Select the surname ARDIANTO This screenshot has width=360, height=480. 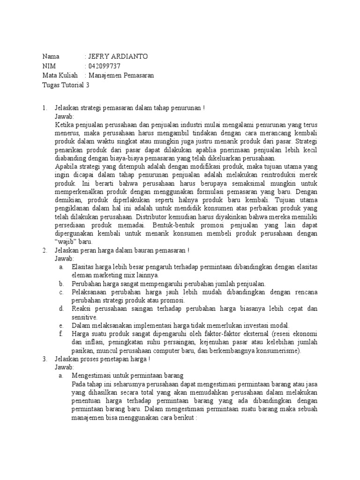click(131, 57)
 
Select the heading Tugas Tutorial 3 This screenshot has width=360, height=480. click(65, 85)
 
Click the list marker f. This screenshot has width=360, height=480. click(61, 334)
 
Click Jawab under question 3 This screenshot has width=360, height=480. click(64, 367)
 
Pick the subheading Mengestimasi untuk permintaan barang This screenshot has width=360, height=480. click(127, 376)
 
